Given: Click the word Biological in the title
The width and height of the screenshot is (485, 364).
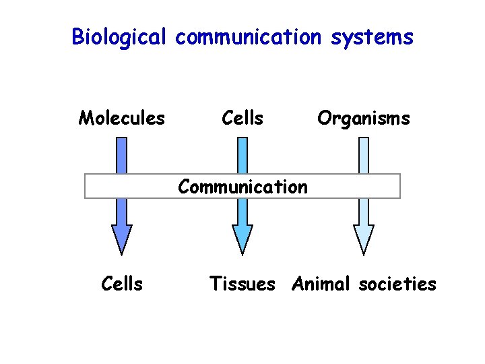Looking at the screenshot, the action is coord(118,37).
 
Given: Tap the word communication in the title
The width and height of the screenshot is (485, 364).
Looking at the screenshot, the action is coord(249,37).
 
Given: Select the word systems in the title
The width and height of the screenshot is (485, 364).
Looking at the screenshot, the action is coord(372,37).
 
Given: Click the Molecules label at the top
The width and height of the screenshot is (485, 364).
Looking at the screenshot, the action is coord(121,119).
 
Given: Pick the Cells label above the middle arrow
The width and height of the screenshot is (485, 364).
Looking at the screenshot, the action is coord(243,119).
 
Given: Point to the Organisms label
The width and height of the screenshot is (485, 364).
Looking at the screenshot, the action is coord(363,119).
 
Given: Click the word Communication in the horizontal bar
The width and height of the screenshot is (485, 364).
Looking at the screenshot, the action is coord(243,186).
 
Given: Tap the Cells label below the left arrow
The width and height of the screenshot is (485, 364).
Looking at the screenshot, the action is coord(122,284).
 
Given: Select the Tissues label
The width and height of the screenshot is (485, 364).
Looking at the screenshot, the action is coord(243,284).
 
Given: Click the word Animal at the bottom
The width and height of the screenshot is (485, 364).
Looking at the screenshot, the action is coord(321,284).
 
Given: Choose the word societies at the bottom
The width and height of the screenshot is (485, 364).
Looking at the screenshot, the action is coord(397,284).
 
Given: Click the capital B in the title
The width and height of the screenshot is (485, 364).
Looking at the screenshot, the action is coord(77,36).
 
